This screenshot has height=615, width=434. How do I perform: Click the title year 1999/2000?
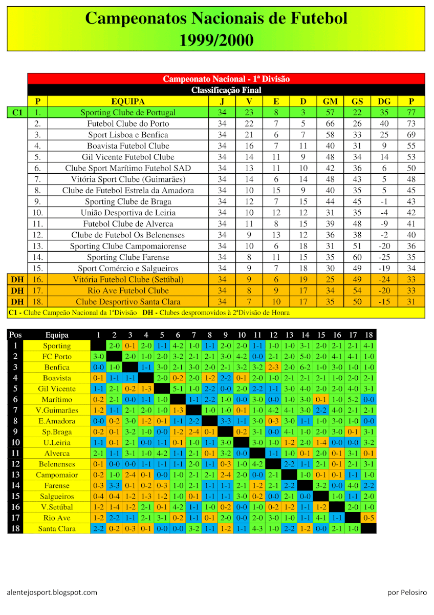coord(216,40)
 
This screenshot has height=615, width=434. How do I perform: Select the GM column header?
coord(330,101)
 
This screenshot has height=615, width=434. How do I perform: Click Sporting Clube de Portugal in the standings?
coord(128,113)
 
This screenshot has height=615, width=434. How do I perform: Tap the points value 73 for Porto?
coord(411,124)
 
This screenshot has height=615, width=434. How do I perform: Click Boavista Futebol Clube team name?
coord(128,146)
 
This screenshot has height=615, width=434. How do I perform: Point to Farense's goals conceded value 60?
coord(357,257)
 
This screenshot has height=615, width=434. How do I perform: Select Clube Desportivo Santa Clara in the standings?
coord(128,302)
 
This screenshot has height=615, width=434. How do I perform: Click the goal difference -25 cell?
coord(384,257)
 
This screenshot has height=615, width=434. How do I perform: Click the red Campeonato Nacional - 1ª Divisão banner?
coord(226,79)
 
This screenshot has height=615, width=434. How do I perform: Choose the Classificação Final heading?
coord(226,90)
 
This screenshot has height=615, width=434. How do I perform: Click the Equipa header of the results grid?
coord(56,335)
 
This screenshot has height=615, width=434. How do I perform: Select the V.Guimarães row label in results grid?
coord(56,410)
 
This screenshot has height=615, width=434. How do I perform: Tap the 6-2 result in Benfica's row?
coord(305,367)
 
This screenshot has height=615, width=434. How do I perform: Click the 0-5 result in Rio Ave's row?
coord(368,518)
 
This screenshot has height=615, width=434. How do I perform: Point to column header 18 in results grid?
coord(368,335)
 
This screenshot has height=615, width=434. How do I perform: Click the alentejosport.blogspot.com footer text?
coord(52,592)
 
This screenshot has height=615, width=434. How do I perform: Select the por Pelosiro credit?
coord(407,592)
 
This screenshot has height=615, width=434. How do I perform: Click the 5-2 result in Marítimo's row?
coord(353,400)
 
